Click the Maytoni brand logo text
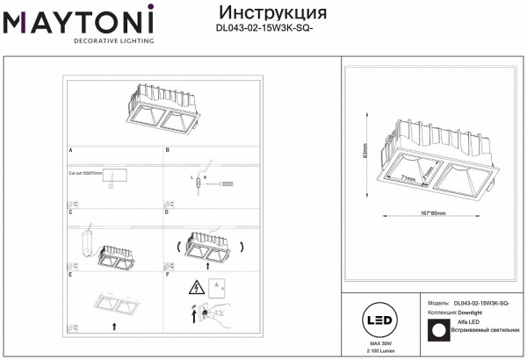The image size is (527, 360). (77, 19)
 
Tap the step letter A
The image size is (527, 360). (70, 151)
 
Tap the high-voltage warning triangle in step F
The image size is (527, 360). (195, 287)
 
